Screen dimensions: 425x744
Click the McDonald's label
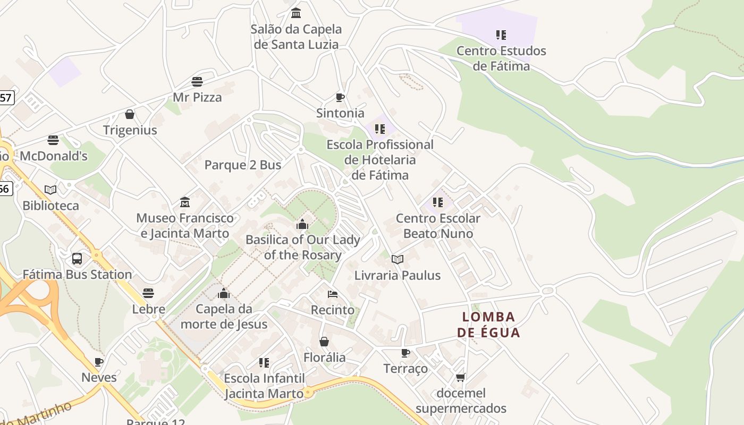tap(54, 156)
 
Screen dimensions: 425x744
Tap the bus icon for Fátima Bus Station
tap(77, 259)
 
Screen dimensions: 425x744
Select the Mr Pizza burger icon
tap(197, 82)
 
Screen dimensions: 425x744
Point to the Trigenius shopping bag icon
tap(130, 114)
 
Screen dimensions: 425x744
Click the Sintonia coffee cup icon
tap(340, 97)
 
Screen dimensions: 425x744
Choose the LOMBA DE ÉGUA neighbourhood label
tap(488, 325)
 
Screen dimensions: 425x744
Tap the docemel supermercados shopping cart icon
tap(460, 377)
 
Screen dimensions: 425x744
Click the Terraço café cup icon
tap(405, 353)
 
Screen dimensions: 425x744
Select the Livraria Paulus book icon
tap(398, 259)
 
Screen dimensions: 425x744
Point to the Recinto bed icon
tap(333, 294)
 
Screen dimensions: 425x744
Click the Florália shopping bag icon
tap(324, 341)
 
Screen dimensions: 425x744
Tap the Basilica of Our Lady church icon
tap(302, 224)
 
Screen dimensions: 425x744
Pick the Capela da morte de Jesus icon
tap(224, 293)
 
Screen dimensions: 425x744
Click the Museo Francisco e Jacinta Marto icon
tap(185, 202)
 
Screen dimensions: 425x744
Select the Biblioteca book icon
tap(50, 190)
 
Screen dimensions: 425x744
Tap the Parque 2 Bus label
tap(243, 165)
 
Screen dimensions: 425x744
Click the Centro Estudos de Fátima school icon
tap(501, 35)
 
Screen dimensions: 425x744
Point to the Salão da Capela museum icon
tap(296, 13)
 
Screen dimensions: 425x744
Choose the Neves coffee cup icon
tap(99, 362)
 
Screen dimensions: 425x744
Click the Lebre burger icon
tap(148, 293)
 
